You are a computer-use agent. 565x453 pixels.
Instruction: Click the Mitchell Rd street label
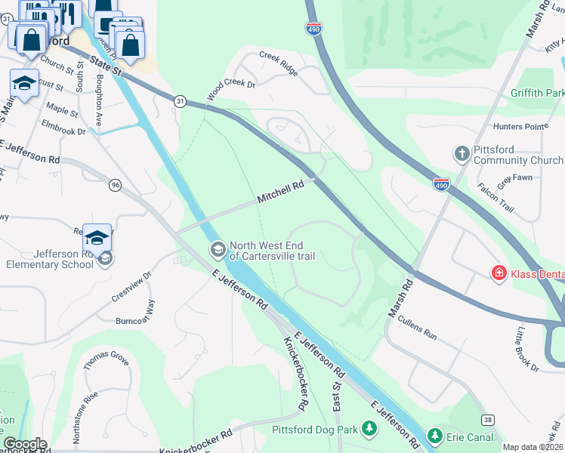point(280,192)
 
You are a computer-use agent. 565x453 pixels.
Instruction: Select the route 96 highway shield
point(115,184)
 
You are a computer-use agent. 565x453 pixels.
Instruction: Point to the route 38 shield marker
point(487,421)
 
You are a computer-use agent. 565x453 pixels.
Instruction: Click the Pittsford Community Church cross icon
point(462,154)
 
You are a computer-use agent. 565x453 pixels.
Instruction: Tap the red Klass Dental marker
point(499,273)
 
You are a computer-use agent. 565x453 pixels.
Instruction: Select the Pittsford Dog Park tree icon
point(369,430)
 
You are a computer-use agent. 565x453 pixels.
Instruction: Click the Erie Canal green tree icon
point(434,436)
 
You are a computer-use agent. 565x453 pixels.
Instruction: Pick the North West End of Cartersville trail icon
point(218,249)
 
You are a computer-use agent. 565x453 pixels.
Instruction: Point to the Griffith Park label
point(536,94)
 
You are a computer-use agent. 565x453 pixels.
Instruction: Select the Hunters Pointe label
point(520,126)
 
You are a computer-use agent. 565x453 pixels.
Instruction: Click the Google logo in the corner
point(25,444)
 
